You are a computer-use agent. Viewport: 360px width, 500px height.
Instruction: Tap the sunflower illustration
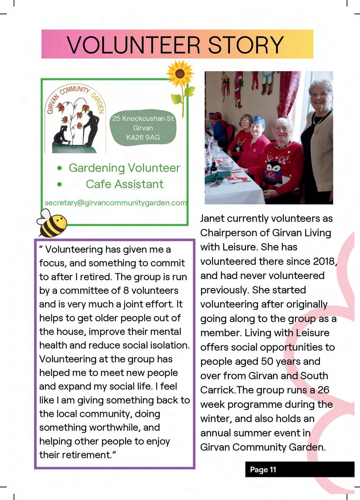[x=180, y=74]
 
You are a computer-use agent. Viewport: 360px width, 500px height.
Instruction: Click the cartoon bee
[x=52, y=223]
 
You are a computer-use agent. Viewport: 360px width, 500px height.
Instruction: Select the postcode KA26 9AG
[x=143, y=138]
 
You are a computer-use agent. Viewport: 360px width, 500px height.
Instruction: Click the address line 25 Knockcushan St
[x=143, y=118]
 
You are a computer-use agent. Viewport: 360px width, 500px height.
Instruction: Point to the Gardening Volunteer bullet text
[x=124, y=168]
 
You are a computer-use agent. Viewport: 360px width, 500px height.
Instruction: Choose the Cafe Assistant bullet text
[x=124, y=184]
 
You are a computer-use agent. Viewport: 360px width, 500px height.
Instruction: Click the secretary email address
[x=116, y=203]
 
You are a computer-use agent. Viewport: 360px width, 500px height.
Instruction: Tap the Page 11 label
[x=263, y=469]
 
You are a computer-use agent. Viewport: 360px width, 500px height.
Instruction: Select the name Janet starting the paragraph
[x=213, y=218]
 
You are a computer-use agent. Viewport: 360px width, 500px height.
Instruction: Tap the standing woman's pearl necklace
[x=321, y=117]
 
